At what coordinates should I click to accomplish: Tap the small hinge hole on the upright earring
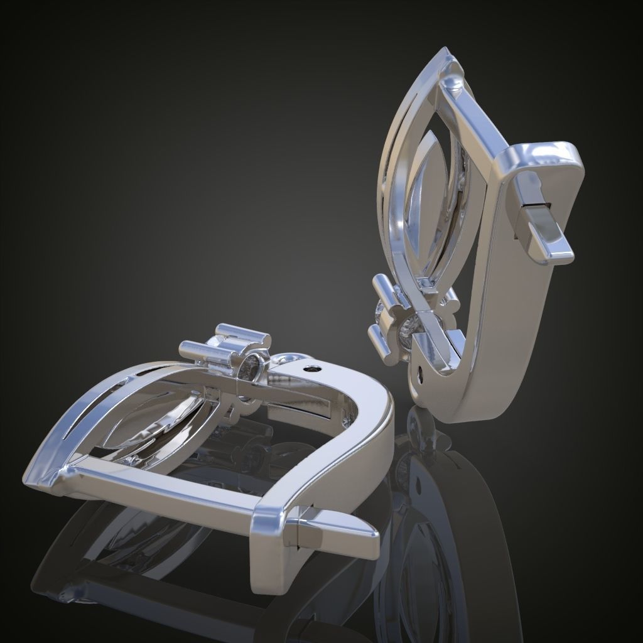(420, 376)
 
